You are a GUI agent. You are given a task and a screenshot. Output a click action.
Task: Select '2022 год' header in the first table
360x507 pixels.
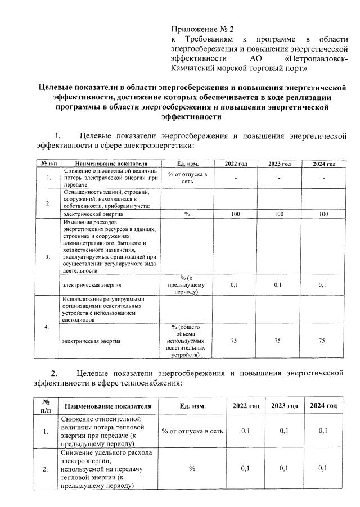coord(236,164)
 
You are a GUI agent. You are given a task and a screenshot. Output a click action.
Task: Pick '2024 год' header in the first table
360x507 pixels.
coord(323,164)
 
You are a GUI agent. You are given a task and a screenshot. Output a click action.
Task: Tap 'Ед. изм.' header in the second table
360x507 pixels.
coord(192,405)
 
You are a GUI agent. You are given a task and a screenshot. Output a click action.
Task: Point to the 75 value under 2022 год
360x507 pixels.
coord(236,341)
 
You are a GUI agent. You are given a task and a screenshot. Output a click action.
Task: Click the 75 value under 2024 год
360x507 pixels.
coord(323,341)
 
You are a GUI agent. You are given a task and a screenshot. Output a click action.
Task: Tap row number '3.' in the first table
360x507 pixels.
coord(48,257)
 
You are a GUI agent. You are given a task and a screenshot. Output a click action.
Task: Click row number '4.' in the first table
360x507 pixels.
coord(48,327)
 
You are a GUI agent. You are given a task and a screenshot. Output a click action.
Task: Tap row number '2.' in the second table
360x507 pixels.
coord(46,468)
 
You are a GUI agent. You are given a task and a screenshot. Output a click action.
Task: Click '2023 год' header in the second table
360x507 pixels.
coord(284,405)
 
